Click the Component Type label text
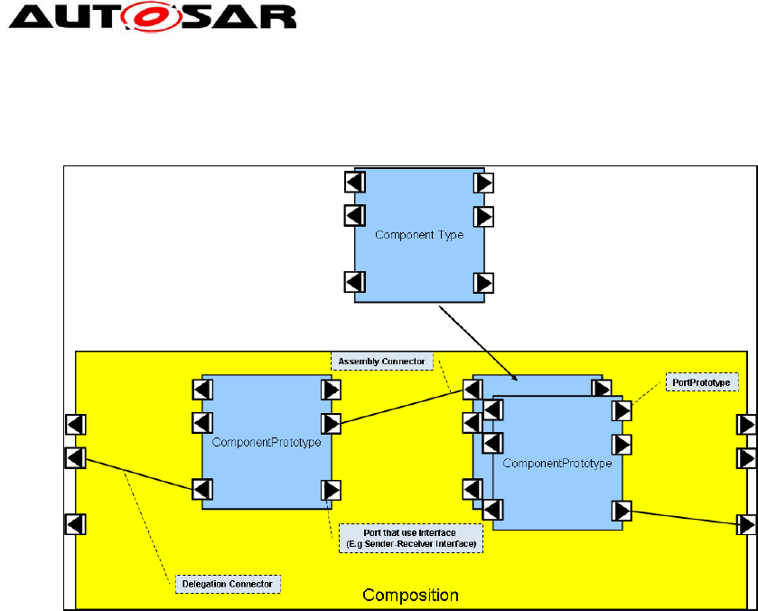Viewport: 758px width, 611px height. click(x=419, y=235)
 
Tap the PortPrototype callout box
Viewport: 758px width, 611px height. click(x=702, y=383)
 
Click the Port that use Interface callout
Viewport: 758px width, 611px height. click(x=410, y=538)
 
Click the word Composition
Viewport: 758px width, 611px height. click(x=410, y=595)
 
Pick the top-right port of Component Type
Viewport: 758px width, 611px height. click(x=484, y=183)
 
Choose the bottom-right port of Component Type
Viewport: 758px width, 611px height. click(x=484, y=282)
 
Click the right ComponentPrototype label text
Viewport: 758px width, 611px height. click(x=557, y=464)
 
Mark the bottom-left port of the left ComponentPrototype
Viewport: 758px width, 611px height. click(x=202, y=489)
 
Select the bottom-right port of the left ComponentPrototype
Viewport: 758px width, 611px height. click(x=332, y=490)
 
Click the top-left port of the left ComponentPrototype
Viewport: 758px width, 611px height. click(x=202, y=390)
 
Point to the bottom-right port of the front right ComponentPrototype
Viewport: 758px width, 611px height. click(x=621, y=511)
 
